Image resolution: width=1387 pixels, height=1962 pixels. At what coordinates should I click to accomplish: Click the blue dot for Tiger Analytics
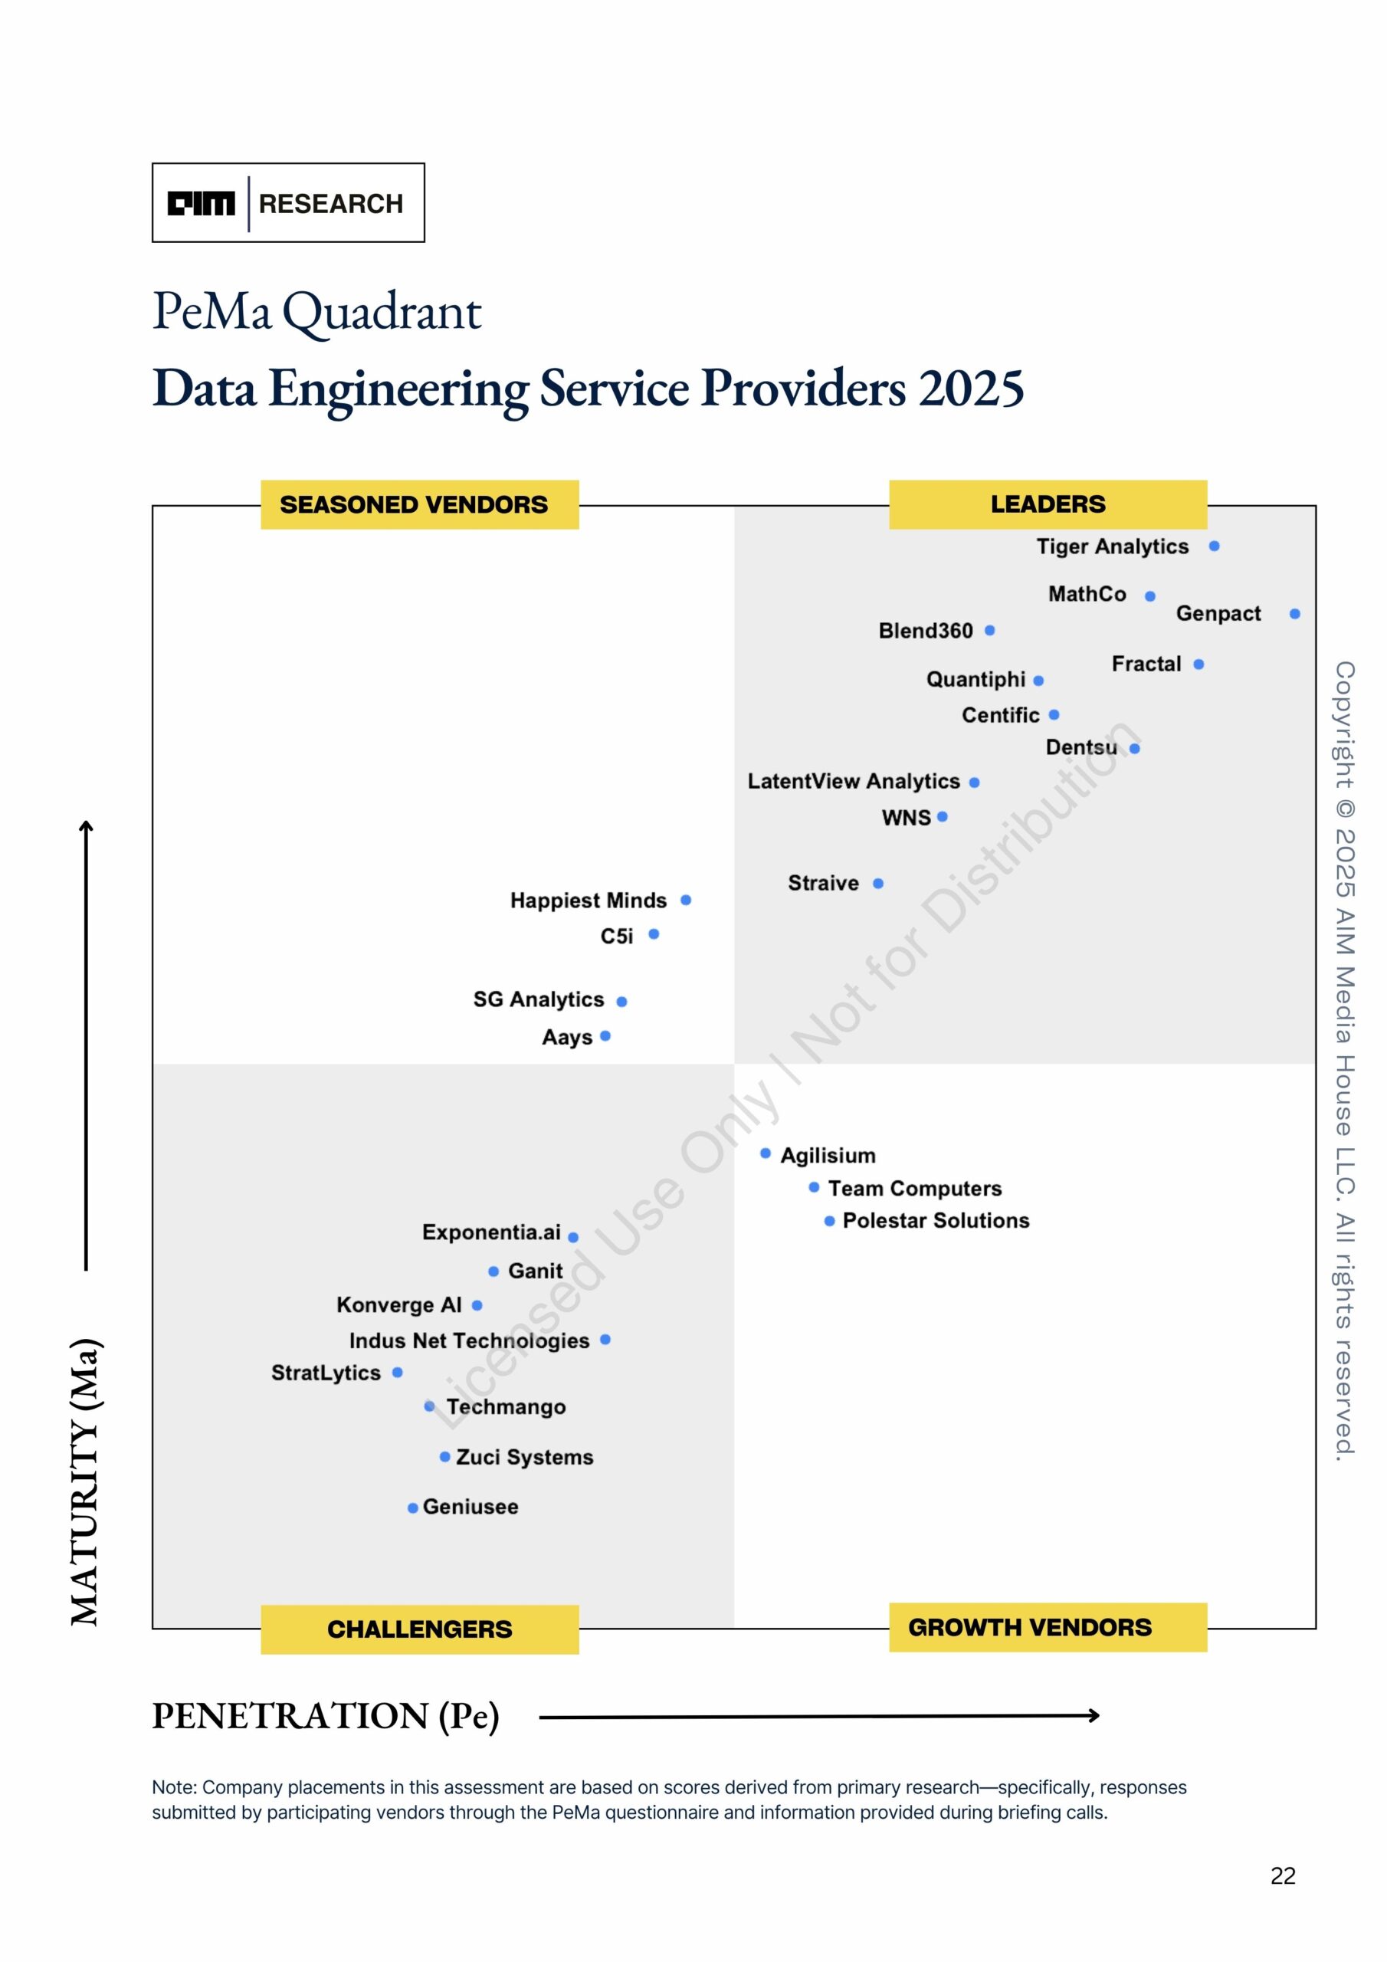1214,546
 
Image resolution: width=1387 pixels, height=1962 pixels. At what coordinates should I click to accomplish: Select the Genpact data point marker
1295,614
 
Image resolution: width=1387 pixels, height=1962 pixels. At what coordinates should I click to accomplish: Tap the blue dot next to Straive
877,883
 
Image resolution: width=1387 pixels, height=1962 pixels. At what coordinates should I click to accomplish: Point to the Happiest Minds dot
685,900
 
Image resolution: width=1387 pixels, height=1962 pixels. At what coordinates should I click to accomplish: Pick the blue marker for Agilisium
765,1153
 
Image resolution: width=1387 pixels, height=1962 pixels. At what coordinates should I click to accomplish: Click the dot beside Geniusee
413,1508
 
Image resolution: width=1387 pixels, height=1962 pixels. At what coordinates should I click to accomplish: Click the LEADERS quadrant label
1048,504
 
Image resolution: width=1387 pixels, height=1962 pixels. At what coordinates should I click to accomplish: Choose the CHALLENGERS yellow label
420,1629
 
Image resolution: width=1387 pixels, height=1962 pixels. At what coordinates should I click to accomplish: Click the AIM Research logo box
288,202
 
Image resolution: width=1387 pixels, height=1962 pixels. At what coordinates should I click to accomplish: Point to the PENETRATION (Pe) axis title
326,1715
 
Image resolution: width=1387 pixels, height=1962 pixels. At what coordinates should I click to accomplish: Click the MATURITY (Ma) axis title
87,1482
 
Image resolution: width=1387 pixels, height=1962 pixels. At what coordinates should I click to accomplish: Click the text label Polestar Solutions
936,1220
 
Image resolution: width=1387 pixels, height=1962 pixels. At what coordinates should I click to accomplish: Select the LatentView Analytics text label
854,781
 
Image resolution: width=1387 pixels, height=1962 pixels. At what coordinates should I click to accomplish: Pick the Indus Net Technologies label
469,1340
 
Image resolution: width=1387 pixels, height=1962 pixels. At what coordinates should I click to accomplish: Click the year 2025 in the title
971,389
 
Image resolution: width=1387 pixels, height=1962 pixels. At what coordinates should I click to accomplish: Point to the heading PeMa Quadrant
317,311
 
